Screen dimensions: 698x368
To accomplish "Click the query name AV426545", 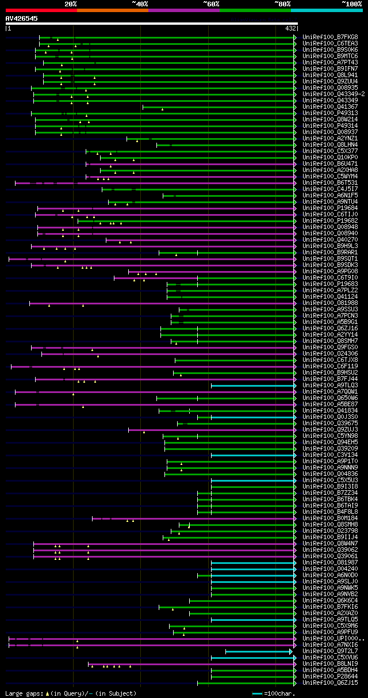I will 22,18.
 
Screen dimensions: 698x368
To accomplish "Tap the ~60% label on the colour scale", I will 211,3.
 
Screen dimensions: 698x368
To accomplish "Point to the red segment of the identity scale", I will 41,10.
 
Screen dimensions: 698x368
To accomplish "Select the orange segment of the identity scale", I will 112,10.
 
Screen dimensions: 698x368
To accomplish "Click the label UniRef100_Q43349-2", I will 333,94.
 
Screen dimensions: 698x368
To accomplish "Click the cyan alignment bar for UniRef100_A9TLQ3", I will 253,385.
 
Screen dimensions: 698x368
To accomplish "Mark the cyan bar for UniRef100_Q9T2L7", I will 259,651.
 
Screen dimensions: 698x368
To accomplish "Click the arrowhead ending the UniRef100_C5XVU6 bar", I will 295,657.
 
